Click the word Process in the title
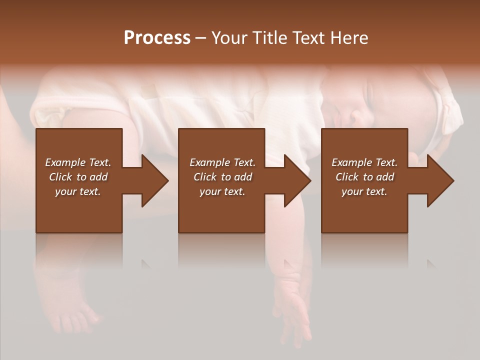click(157, 38)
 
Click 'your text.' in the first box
click(78, 191)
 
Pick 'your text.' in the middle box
click(222, 191)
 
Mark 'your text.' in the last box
click(364, 191)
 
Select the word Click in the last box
click(347, 177)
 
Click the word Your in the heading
click(228, 38)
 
